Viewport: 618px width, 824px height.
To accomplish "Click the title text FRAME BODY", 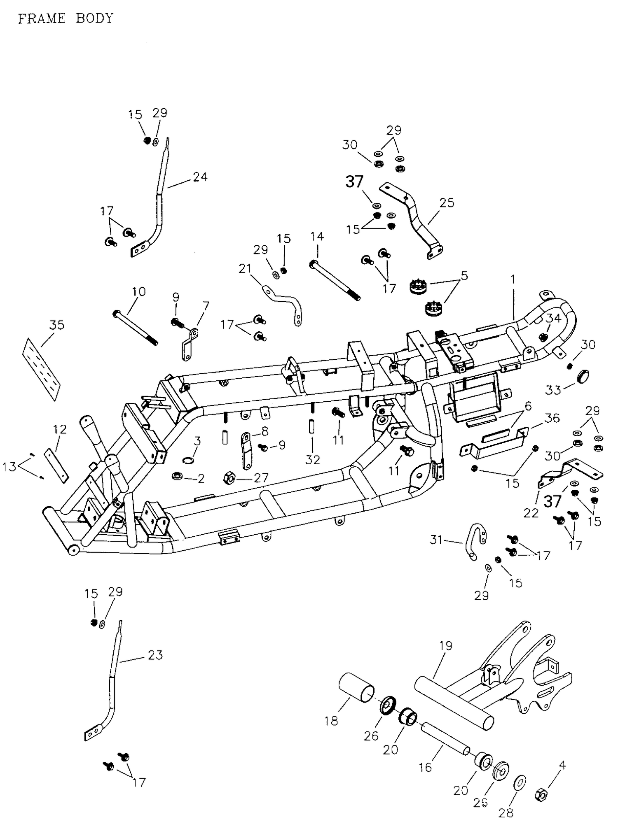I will (65, 19).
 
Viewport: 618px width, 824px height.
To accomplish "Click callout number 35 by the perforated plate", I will (56, 325).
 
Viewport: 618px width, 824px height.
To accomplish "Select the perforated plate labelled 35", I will (41, 369).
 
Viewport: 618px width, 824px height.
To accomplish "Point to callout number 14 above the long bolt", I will (317, 237).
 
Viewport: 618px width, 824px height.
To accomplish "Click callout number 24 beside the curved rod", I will (200, 177).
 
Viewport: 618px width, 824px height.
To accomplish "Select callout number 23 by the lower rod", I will (155, 655).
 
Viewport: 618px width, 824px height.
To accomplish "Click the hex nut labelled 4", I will (541, 794).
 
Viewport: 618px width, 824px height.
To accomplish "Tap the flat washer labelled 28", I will (521, 782).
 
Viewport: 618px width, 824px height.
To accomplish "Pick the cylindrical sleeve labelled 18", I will (357, 691).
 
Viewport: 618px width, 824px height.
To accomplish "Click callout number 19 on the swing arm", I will (445, 645).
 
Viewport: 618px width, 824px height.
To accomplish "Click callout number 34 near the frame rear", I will (554, 318).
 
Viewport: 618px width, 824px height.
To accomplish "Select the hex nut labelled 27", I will (229, 478).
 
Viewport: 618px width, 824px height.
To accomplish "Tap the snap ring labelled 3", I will (188, 460).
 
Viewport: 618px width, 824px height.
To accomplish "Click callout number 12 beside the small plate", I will (60, 429).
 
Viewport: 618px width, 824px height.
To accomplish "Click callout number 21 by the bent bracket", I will (245, 268).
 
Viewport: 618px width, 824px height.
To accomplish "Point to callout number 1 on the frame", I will (513, 279).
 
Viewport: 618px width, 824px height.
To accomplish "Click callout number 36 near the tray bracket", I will (552, 418).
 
